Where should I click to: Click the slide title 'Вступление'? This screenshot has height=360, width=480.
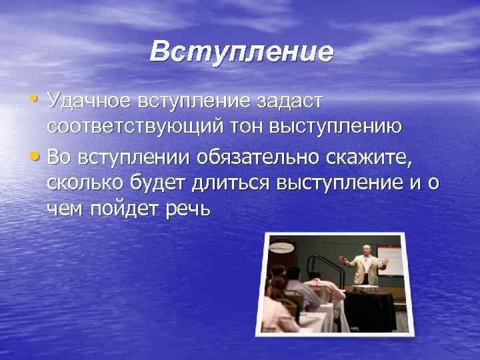tap(241, 51)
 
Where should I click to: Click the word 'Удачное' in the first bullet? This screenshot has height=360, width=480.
tap(88, 102)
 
